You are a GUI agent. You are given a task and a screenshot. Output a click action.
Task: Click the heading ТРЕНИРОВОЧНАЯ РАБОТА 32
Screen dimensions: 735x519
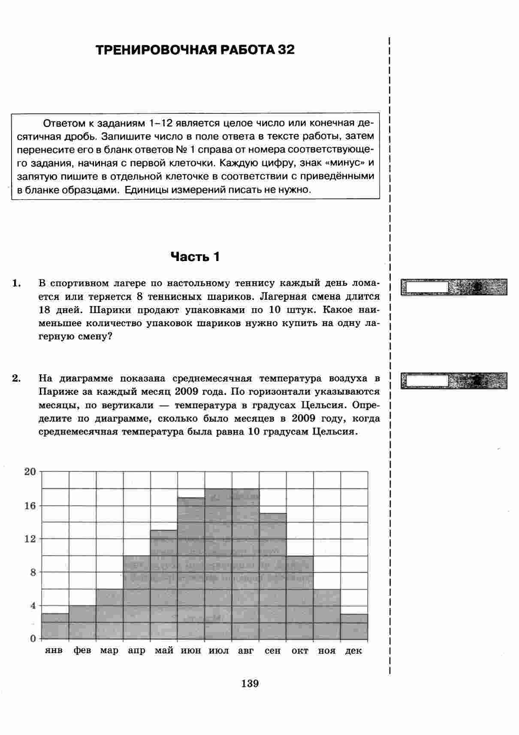coord(195,50)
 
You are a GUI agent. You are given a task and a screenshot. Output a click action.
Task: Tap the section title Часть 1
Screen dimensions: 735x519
coord(195,257)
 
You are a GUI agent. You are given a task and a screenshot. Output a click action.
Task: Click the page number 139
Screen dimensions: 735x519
coord(250,683)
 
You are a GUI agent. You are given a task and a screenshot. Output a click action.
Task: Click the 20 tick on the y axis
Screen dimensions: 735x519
coord(30,472)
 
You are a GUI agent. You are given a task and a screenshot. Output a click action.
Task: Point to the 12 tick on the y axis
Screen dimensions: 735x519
coord(30,539)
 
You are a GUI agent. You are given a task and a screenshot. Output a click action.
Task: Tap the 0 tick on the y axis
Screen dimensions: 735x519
coord(33,639)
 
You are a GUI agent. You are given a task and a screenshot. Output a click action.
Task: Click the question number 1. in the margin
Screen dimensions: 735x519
coord(17,283)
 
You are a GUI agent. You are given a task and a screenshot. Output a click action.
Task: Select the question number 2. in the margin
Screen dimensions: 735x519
coord(17,378)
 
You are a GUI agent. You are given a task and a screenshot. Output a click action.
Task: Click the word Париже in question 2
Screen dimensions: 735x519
coord(55,392)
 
